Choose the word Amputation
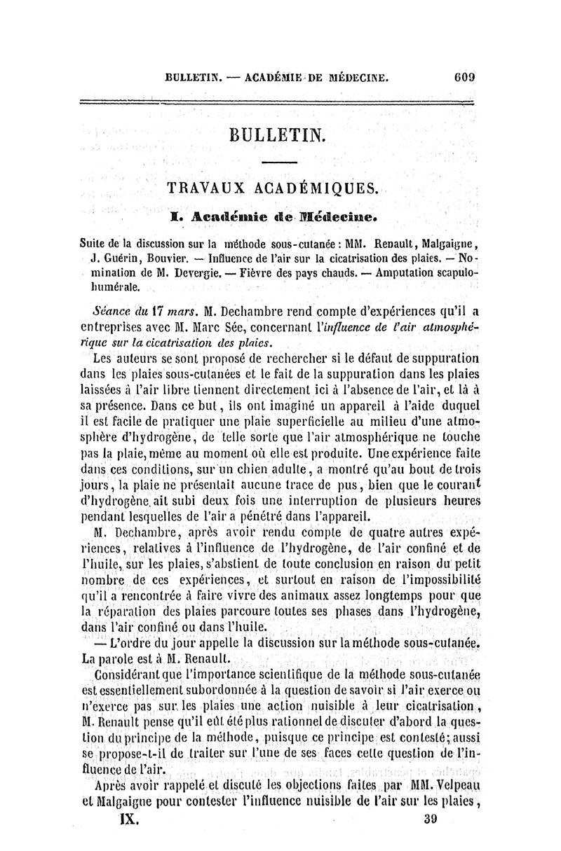tap(384, 272)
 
